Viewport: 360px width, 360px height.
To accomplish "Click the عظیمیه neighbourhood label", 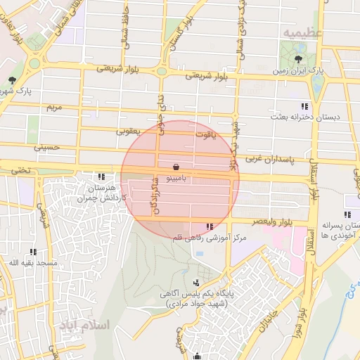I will (302, 33).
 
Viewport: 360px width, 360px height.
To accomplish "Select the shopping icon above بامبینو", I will (174, 167).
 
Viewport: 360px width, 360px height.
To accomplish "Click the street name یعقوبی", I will (129, 131).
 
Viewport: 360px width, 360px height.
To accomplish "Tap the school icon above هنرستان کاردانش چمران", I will (102, 176).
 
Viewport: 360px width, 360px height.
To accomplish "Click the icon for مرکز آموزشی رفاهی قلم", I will (210, 226).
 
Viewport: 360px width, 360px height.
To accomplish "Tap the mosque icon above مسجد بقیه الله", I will (33, 251).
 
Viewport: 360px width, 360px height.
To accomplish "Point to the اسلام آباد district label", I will (85, 326).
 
